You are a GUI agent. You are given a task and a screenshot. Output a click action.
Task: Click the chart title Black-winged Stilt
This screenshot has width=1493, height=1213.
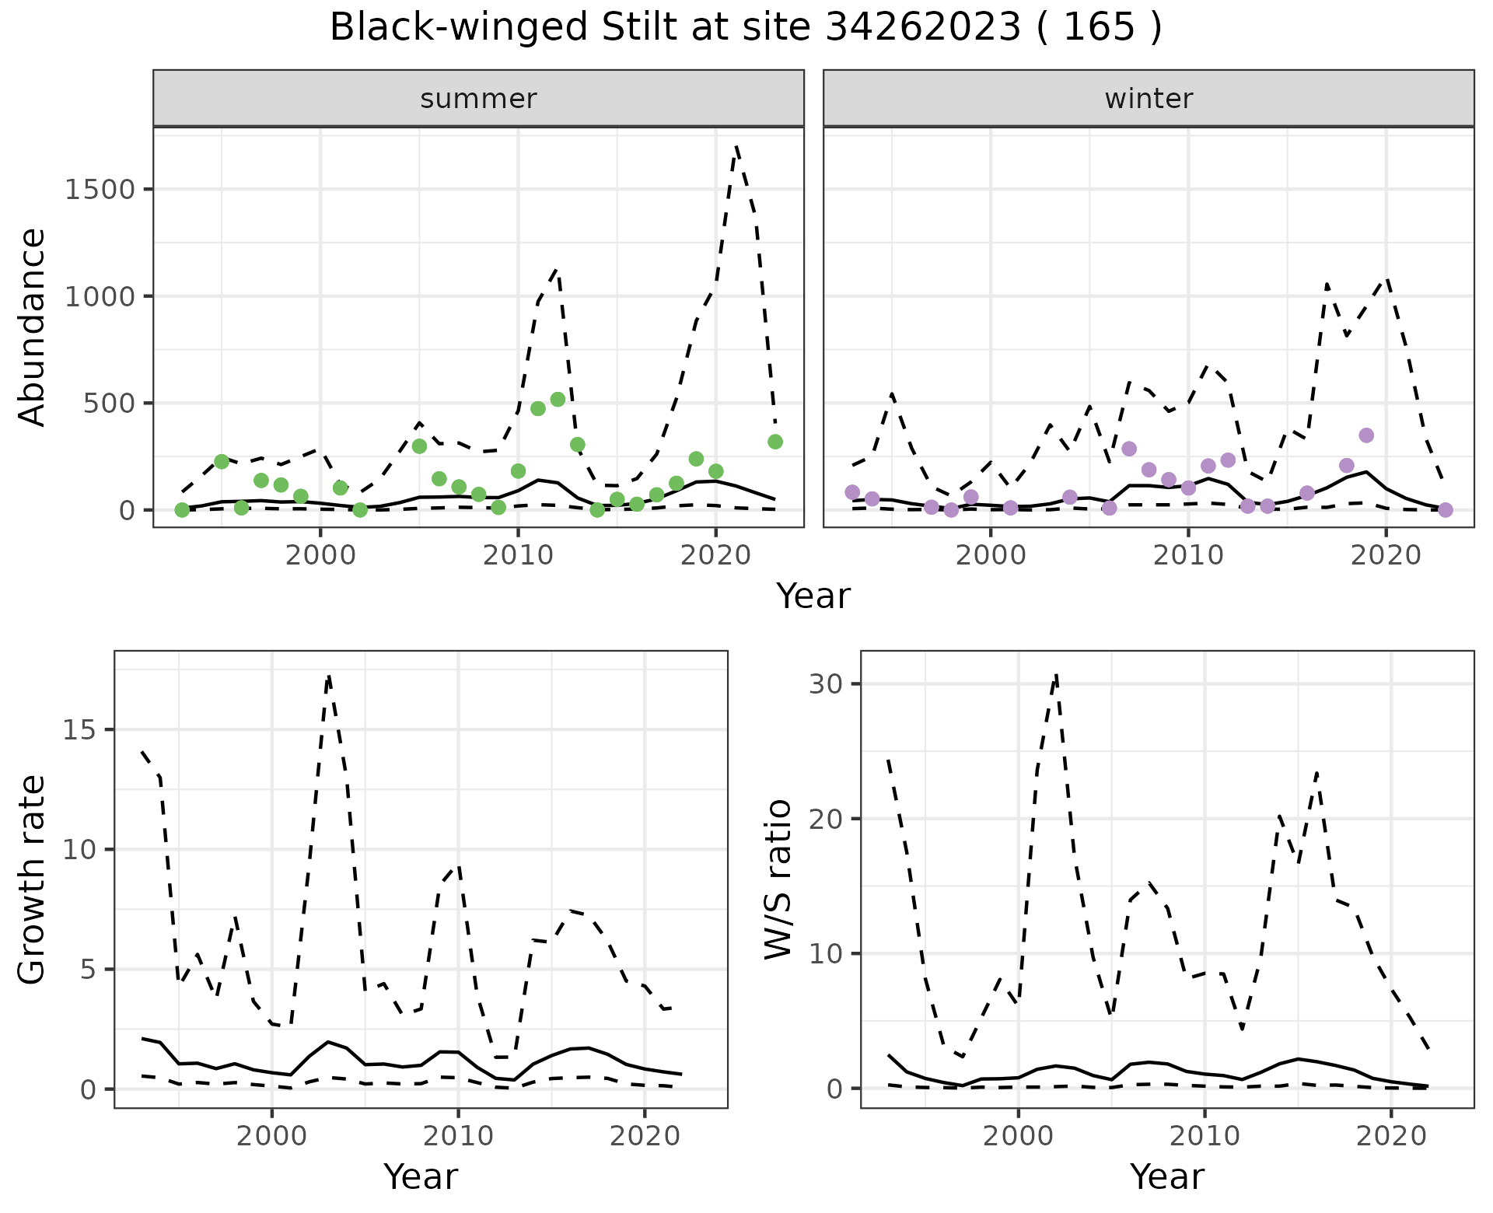coord(745,28)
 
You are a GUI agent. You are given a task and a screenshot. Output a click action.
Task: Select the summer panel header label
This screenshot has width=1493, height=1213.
coord(478,99)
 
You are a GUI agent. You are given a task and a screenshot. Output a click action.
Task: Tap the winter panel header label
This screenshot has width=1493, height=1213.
coord(1149,99)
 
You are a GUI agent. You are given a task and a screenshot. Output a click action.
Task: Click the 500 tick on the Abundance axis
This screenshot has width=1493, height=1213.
coord(107,404)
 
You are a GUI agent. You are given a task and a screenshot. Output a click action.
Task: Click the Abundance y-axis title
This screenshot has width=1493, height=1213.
coord(33,327)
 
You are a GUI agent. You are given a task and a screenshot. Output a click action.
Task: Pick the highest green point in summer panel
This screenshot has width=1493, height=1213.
coord(558,400)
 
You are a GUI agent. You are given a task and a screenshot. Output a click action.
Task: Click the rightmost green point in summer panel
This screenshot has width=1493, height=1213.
coord(775,442)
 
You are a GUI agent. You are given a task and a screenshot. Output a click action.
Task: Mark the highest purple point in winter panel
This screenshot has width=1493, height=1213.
coord(1366,435)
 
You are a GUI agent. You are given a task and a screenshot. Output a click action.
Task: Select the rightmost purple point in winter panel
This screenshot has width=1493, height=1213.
coord(1446,510)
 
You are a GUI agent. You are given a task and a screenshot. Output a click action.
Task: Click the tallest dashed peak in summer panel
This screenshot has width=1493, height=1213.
coord(736,147)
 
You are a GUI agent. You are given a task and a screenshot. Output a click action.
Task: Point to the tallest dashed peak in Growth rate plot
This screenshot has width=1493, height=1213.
coord(329,676)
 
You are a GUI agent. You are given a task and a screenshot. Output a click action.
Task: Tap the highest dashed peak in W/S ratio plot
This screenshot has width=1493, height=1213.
coord(1056,675)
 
